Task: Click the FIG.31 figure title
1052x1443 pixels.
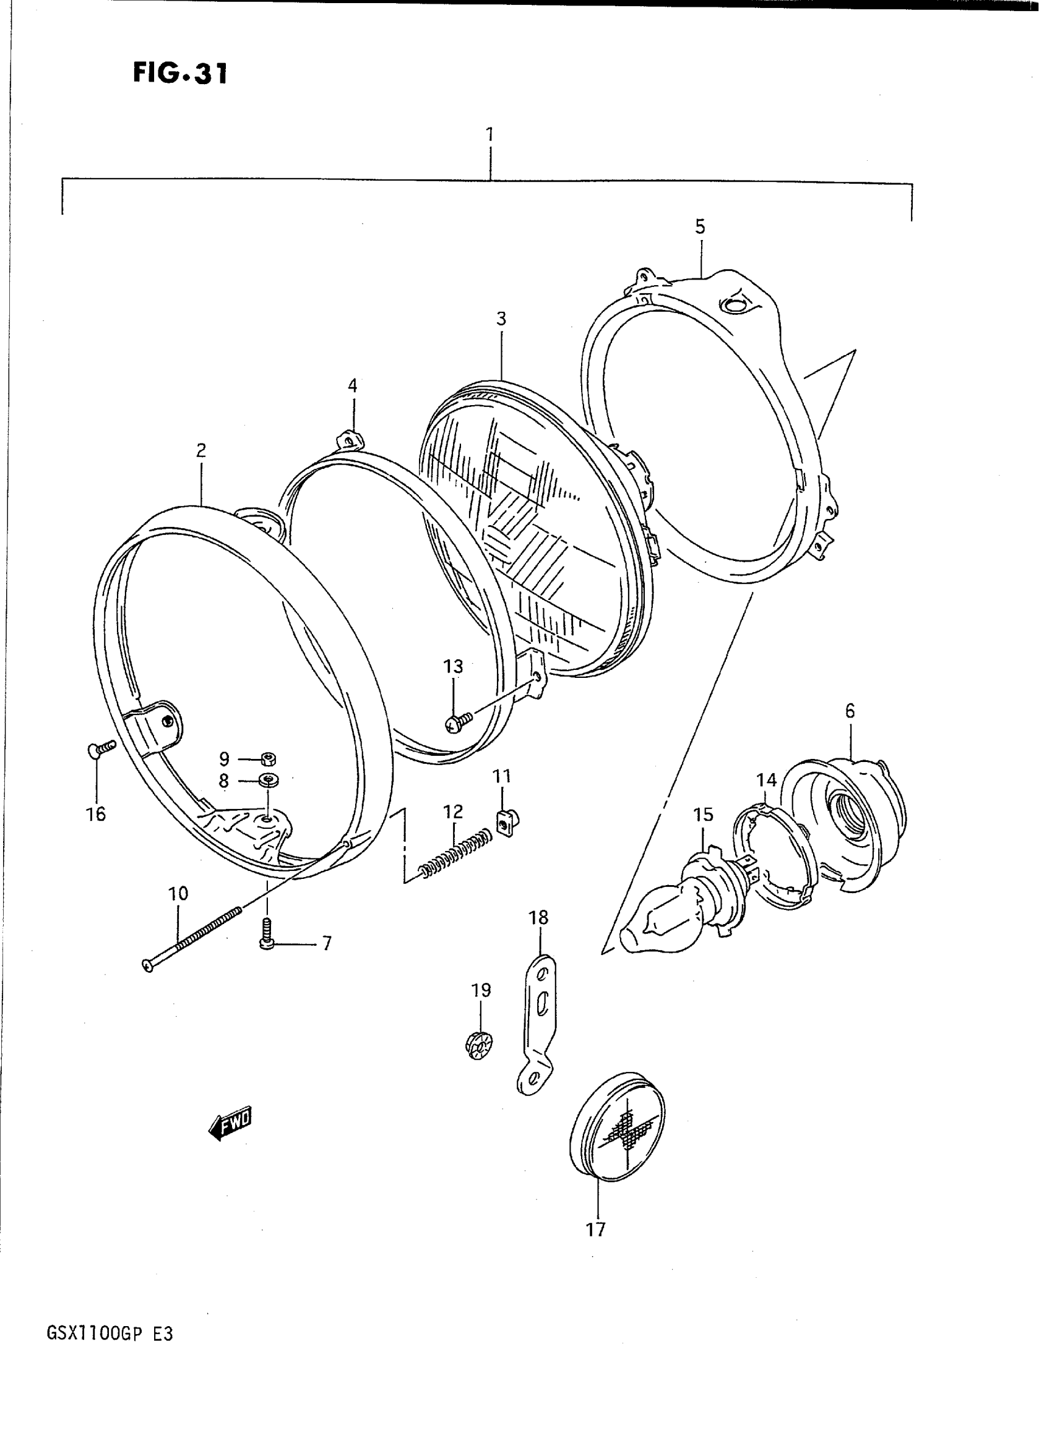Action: coord(179,74)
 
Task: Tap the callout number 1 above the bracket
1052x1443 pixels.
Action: coord(489,135)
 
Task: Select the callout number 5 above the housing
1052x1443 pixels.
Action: coord(700,226)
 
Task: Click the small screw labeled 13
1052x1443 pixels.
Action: coord(458,721)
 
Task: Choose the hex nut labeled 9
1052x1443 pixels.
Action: coord(269,758)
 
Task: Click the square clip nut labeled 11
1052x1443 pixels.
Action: coord(505,826)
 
